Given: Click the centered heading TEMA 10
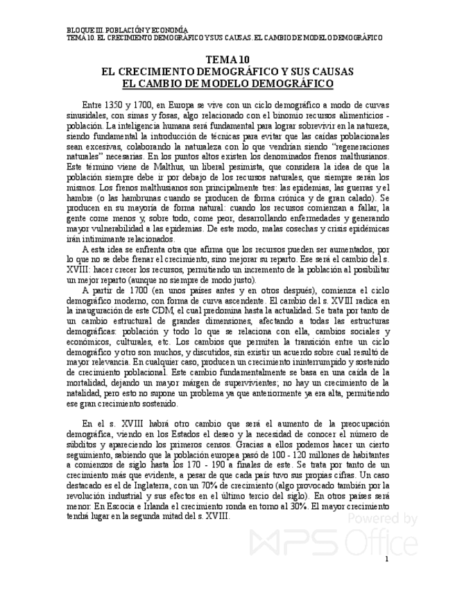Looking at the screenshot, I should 227,60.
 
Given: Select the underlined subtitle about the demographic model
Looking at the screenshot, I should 227,83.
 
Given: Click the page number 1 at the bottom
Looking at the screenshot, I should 386,559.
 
